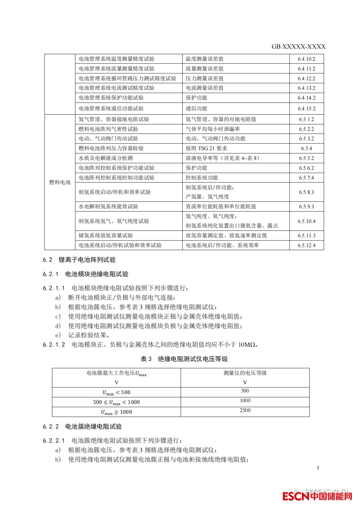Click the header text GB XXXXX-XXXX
coord(298,47)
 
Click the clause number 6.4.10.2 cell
coord(306,59)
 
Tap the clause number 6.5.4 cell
coord(306,148)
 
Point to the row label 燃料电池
coord(60,182)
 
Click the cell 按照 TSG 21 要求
coord(206,148)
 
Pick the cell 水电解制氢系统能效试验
coord(108,207)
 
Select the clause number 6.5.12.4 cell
coord(306,245)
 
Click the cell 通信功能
coord(196,108)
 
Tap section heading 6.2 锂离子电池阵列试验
coord(79,260)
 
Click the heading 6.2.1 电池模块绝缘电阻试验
coord(85,274)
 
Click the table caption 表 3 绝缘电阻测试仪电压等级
coord(184,359)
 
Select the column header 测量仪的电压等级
coord(245,373)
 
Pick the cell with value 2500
coord(245,410)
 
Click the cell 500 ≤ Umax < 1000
coord(116,402)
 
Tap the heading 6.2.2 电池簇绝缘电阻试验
coord(82,426)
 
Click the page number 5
coord(318,468)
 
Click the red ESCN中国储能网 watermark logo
coord(317,496)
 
